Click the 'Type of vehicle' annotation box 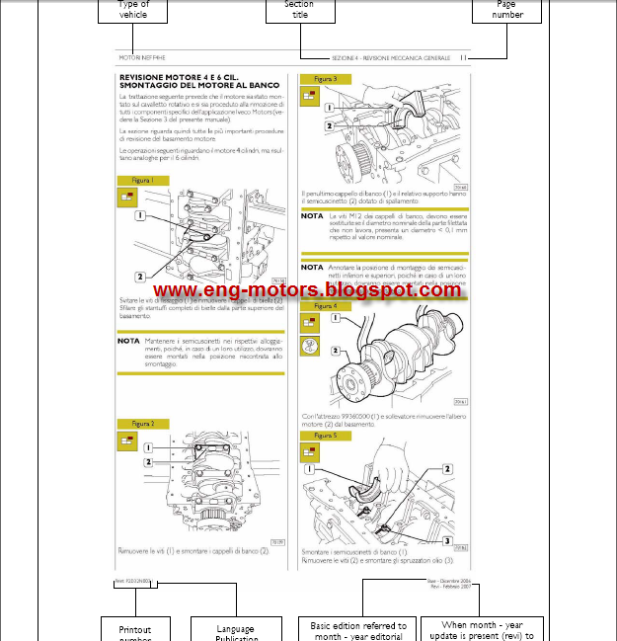pyautogui.click(x=133, y=10)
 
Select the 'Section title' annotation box pyautogui.click(x=299, y=10)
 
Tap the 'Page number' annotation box pyautogui.click(x=507, y=10)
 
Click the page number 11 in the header pyautogui.click(x=463, y=58)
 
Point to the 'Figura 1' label pyautogui.click(x=142, y=181)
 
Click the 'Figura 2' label pyautogui.click(x=142, y=424)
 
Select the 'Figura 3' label pyautogui.click(x=325, y=79)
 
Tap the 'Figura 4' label pyautogui.click(x=325, y=306)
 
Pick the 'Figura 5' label pyautogui.click(x=325, y=435)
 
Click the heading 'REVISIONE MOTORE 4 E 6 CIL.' pyautogui.click(x=176, y=76)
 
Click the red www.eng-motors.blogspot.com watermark pyautogui.click(x=307, y=290)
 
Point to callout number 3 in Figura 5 pyautogui.click(x=446, y=541)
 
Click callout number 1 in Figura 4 pyautogui.click(x=336, y=319)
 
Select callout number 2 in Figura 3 pyautogui.click(x=330, y=125)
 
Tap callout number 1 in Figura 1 pyautogui.click(x=141, y=214)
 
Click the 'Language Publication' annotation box pyautogui.click(x=235, y=630)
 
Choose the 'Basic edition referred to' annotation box pyautogui.click(x=357, y=629)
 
